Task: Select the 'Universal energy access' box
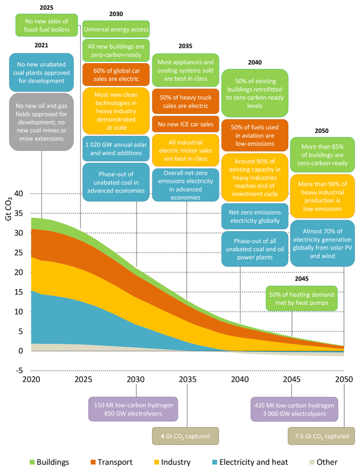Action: pos(116,29)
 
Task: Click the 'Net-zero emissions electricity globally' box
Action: pos(254,216)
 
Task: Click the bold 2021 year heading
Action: pos(41,45)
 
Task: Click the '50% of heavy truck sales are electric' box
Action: pos(186,101)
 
